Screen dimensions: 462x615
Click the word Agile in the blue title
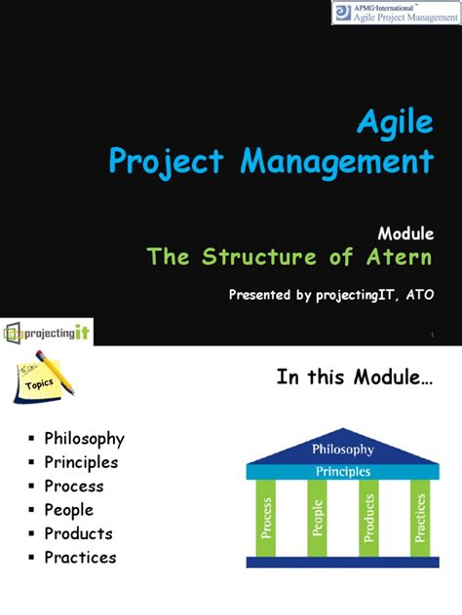395,123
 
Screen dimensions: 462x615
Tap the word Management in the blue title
337,162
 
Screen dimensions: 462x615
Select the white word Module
405,234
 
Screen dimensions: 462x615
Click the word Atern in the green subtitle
400,257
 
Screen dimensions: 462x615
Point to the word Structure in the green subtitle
259,257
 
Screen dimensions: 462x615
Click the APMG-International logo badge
397,13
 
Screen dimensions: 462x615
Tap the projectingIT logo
47,333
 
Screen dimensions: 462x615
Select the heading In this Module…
355,377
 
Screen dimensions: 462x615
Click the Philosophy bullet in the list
85,439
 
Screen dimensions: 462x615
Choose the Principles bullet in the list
81,463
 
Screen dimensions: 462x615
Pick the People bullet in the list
69,510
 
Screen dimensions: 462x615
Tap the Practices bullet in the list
80,558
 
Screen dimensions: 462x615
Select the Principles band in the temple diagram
343,471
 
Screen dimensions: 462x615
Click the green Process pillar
266,518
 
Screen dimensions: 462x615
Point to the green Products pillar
368,518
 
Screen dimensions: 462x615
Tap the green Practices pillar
420,518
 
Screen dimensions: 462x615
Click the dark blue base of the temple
343,562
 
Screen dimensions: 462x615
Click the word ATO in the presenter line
420,294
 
